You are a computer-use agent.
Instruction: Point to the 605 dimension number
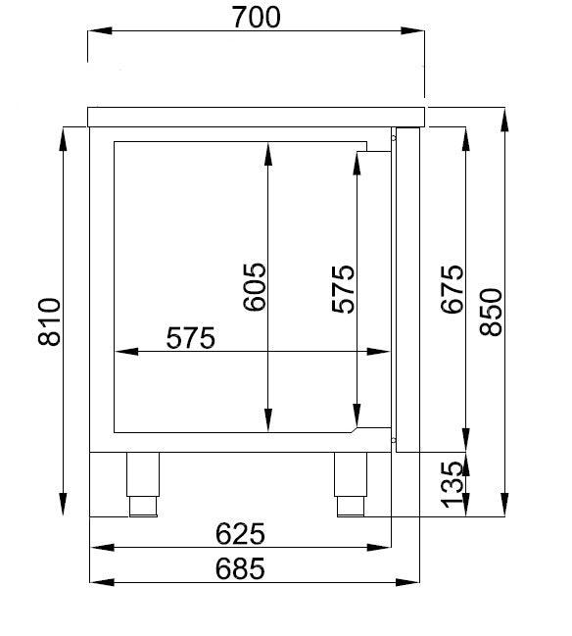click(x=254, y=286)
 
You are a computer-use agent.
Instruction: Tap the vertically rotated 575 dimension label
click(x=343, y=289)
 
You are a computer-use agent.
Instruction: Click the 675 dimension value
click(x=452, y=289)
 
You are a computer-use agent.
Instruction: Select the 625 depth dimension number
click(x=240, y=535)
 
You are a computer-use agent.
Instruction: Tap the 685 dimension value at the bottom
click(x=240, y=569)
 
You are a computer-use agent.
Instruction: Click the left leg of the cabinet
click(x=143, y=484)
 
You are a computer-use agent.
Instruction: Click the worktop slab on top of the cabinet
click(x=257, y=117)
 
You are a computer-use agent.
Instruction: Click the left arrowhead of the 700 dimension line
click(x=95, y=31)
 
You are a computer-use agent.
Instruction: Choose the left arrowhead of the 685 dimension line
click(x=96, y=582)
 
